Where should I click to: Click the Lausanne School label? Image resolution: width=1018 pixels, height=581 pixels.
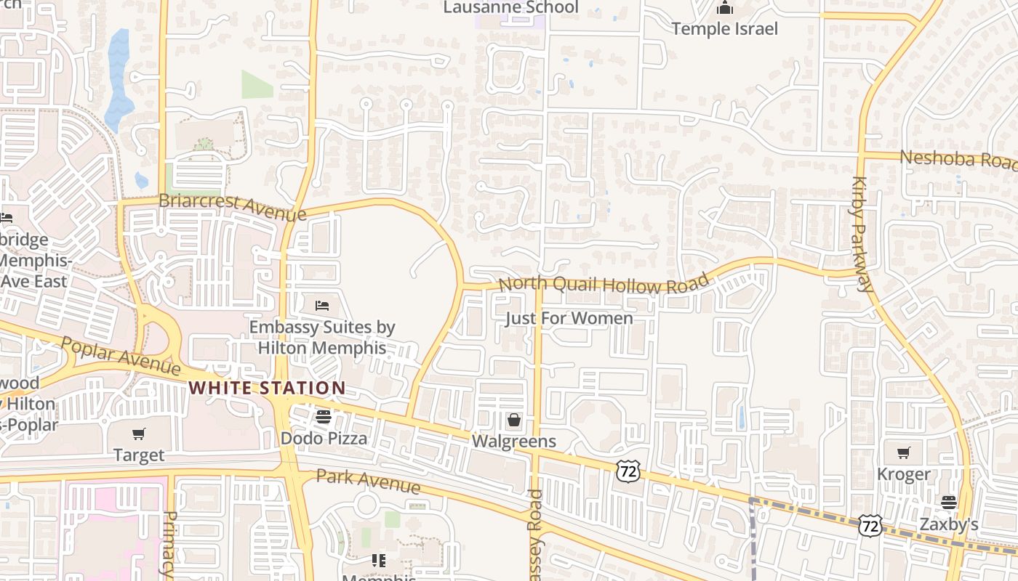(x=510, y=7)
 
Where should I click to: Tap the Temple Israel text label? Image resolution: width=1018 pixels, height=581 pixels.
(x=724, y=29)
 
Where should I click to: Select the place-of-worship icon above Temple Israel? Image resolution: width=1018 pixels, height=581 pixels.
(x=724, y=9)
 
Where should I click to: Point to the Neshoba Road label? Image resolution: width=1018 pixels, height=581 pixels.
(x=958, y=159)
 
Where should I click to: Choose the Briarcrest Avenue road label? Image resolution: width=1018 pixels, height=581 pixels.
(x=232, y=207)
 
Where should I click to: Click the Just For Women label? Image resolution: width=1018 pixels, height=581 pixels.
(x=569, y=318)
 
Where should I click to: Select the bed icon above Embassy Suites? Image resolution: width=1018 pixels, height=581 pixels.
(x=322, y=306)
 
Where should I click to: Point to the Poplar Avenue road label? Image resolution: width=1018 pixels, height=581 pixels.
(x=121, y=356)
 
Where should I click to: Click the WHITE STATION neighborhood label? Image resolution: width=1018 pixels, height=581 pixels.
(x=267, y=388)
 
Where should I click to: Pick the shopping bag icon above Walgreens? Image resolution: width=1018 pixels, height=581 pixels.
(x=514, y=420)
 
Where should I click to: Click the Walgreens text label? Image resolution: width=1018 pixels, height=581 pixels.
(x=514, y=441)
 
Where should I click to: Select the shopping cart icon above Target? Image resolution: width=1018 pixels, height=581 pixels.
(x=138, y=434)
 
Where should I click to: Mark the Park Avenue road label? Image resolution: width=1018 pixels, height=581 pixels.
(x=369, y=481)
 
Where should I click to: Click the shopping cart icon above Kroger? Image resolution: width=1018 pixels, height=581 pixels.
(x=903, y=453)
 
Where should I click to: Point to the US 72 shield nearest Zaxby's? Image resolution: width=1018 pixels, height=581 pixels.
(x=870, y=525)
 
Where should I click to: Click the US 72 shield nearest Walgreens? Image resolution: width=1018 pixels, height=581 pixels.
(x=628, y=471)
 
